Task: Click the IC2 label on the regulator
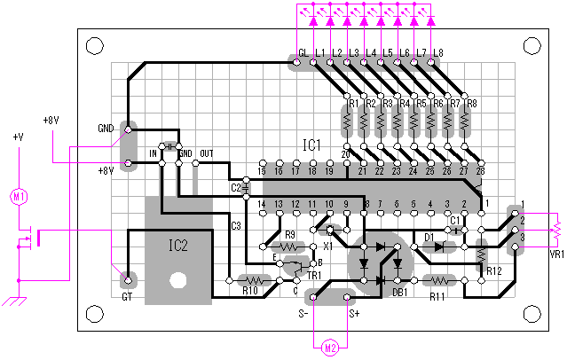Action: (178, 246)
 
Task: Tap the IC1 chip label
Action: (311, 145)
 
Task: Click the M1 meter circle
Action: (18, 197)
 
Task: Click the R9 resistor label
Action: (289, 235)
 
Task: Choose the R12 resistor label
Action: (494, 270)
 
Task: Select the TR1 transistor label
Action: (313, 276)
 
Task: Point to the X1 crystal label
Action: (328, 245)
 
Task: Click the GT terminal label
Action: (127, 299)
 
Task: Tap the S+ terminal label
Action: (355, 312)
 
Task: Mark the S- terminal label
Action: (303, 312)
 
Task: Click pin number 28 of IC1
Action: (480, 170)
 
